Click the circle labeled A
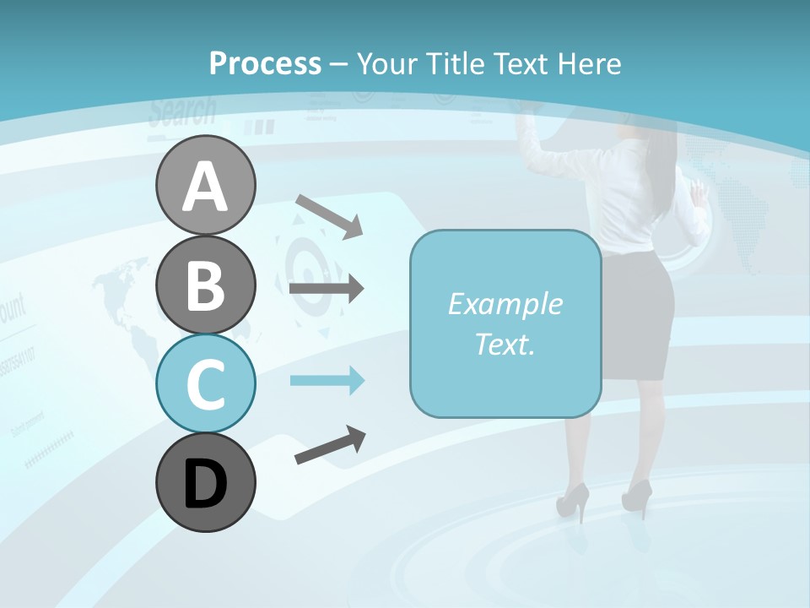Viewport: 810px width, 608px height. coord(205,185)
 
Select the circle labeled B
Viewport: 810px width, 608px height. coord(205,285)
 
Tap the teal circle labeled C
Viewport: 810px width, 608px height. coord(205,383)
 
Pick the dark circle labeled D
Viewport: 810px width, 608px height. coord(205,483)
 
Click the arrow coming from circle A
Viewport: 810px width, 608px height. coord(329,216)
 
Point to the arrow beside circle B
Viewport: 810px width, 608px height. coord(327,289)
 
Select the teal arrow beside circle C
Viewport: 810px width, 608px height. coord(327,381)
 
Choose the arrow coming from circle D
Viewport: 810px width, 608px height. coord(330,445)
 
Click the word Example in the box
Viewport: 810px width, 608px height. coord(505,304)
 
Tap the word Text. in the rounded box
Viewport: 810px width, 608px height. coord(505,344)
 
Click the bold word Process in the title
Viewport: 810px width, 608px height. coord(265,63)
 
